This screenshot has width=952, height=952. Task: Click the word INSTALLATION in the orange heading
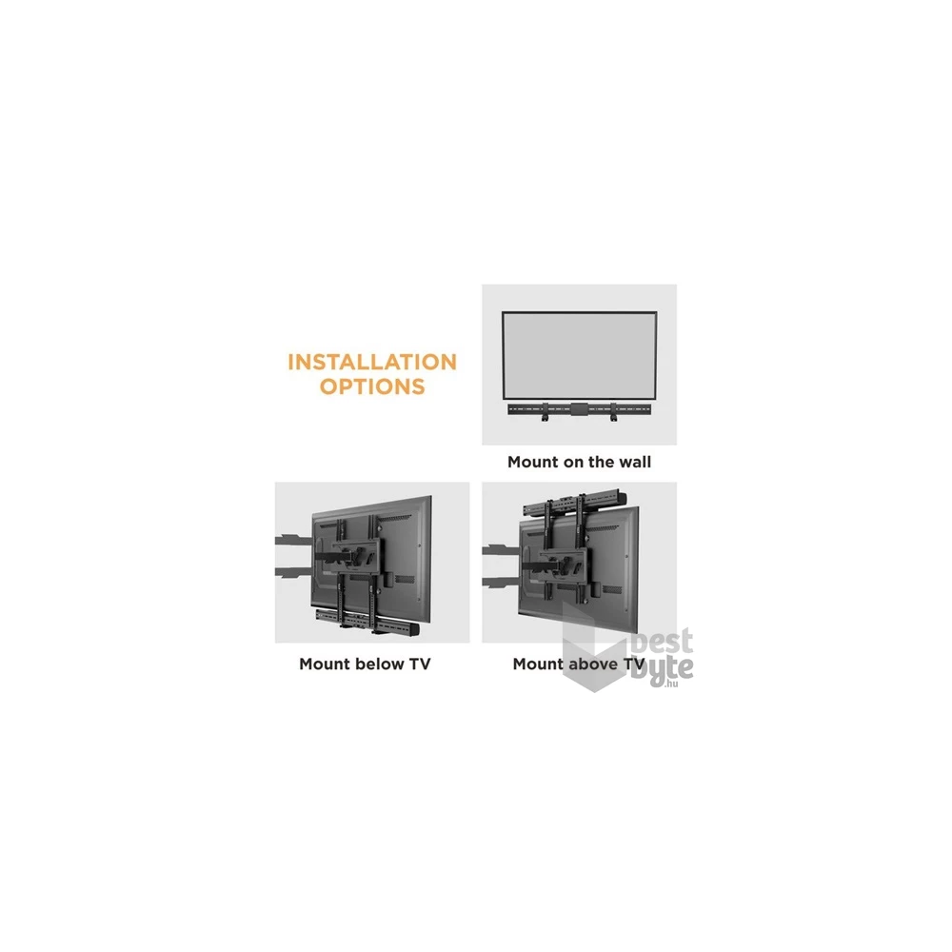pyautogui.click(x=372, y=362)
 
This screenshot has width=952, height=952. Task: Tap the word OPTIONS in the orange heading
pyautogui.click(x=372, y=387)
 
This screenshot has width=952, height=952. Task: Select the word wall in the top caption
pyautogui.click(x=634, y=462)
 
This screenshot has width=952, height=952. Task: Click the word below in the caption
pyautogui.click(x=380, y=664)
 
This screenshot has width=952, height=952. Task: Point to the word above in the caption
pyautogui.click(x=592, y=664)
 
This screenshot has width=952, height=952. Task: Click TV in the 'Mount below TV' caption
pyautogui.click(x=420, y=664)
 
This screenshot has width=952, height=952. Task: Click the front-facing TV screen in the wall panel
pyautogui.click(x=579, y=356)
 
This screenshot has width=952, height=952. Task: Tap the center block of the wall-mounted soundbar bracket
pyautogui.click(x=579, y=409)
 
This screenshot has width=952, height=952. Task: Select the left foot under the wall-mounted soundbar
pyautogui.click(x=545, y=419)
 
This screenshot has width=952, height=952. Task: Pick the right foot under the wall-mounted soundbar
pyautogui.click(x=614, y=419)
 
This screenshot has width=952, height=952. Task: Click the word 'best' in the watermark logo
pyautogui.click(x=663, y=643)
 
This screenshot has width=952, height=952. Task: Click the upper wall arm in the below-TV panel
pyautogui.click(x=295, y=539)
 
